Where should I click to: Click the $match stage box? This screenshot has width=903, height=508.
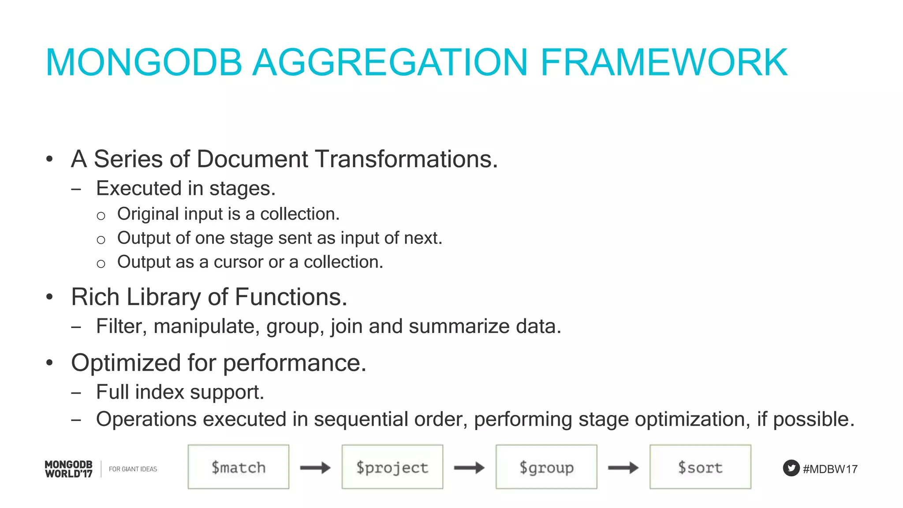click(238, 467)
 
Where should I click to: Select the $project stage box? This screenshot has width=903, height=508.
click(392, 467)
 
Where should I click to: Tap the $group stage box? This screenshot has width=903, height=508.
click(546, 467)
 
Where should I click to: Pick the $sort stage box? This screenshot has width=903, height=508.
click(700, 467)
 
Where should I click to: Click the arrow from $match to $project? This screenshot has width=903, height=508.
click(315, 467)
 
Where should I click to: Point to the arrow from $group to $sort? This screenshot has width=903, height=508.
click(623, 467)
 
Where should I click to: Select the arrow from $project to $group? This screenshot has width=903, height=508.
click(469, 467)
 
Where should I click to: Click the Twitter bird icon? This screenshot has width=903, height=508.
click(791, 468)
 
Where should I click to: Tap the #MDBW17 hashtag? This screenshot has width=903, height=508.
click(830, 469)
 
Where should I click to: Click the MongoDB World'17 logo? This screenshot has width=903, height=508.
click(69, 469)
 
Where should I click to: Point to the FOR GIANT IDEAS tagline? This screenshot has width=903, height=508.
click(133, 469)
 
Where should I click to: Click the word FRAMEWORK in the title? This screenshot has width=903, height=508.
click(664, 63)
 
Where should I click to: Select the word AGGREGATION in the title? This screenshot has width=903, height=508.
click(390, 63)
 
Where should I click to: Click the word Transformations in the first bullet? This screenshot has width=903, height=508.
click(406, 159)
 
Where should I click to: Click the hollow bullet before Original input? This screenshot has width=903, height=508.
click(101, 216)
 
